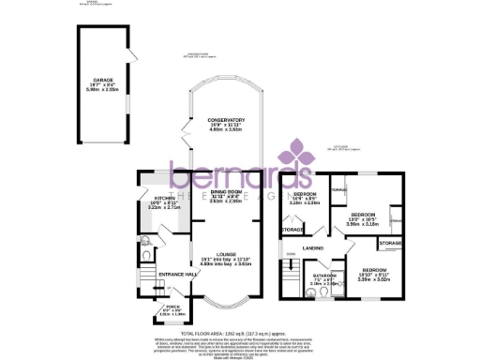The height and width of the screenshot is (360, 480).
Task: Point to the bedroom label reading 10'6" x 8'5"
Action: [x=305, y=194]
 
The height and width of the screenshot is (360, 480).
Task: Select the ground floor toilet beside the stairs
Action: [x=142, y=252]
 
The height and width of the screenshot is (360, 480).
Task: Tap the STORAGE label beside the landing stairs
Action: [x=292, y=230]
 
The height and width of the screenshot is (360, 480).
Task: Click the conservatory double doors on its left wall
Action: [x=187, y=142]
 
